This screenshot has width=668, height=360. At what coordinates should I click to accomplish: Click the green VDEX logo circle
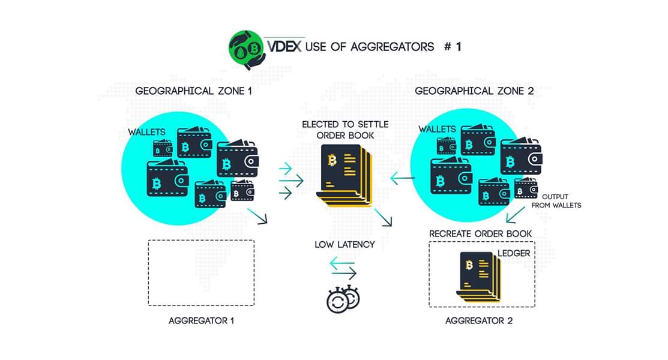pyautogui.click(x=247, y=46)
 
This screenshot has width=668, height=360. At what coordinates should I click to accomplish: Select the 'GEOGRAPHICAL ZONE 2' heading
pyautogui.click(x=474, y=91)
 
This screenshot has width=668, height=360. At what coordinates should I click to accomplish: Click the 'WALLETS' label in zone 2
pyautogui.click(x=437, y=129)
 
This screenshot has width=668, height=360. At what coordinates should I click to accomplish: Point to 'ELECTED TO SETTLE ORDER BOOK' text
pyautogui.click(x=345, y=130)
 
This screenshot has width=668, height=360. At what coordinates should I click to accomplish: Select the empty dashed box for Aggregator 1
pyautogui.click(x=201, y=273)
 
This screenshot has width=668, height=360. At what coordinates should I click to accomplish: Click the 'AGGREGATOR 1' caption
pyautogui.click(x=201, y=320)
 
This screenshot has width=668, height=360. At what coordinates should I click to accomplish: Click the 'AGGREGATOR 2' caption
pyautogui.click(x=479, y=320)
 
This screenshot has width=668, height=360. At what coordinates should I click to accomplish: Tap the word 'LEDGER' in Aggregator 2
pyautogui.click(x=514, y=253)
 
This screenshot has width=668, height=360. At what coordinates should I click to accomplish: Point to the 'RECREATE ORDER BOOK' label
pyautogui.click(x=480, y=233)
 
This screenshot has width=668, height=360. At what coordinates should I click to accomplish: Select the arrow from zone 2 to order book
pyautogui.click(x=403, y=178)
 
